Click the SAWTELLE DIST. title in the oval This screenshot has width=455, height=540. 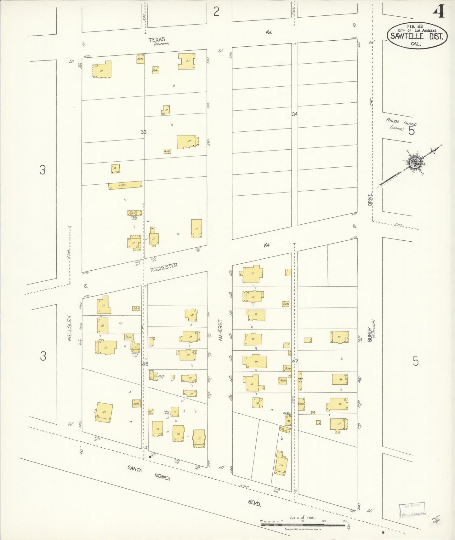pos(417,36)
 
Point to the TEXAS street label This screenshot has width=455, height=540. pos(157,40)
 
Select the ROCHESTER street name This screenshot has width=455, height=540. pos(164,267)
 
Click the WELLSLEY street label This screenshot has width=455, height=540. pos(69,329)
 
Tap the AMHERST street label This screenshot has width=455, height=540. pos(220,330)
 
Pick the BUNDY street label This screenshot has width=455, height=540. pos(370,334)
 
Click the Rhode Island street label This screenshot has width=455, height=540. pos(401,122)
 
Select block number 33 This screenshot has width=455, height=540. pos(144,132)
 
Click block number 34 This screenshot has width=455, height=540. pos(294,114)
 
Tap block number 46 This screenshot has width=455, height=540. pos(145,364)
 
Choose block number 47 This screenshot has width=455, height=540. pos(294,361)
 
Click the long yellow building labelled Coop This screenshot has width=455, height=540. pos(125,185)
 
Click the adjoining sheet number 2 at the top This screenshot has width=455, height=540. pos(216,12)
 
